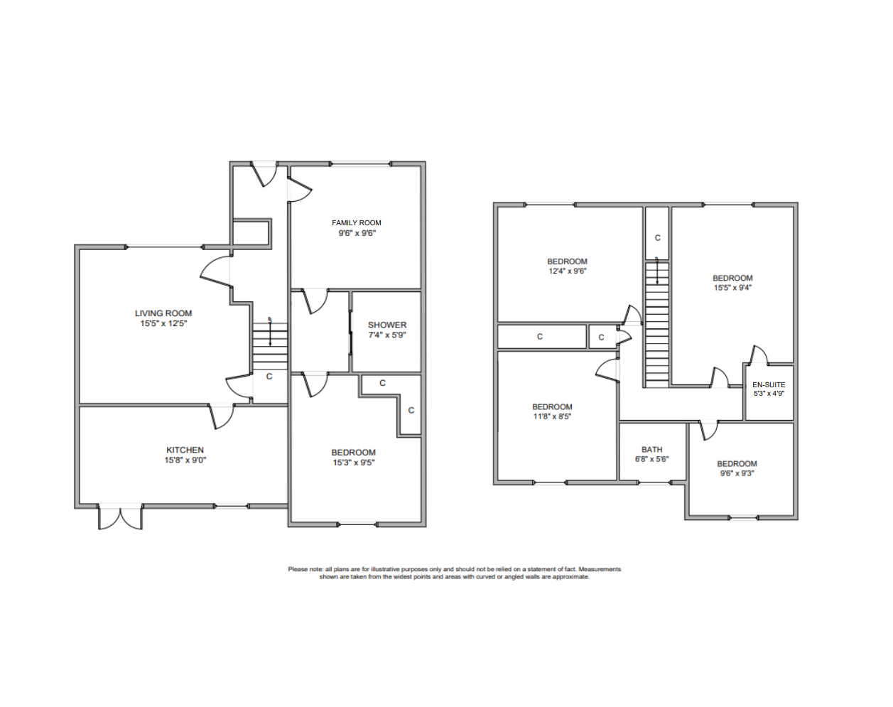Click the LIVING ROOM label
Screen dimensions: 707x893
[163, 313]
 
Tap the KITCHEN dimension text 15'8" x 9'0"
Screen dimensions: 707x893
[185, 460]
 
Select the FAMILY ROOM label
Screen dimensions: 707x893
[357, 223]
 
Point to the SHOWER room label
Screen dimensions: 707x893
[387, 325]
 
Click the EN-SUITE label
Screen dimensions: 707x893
[769, 385]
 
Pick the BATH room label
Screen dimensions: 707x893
[651, 450]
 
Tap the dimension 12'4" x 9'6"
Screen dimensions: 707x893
[567, 271]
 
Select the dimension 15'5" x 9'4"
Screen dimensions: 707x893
[732, 288]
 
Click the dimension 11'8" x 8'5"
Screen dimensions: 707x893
[552, 417]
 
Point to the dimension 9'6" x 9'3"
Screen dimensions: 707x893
[737, 473]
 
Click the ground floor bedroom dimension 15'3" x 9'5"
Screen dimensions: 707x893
[353, 463]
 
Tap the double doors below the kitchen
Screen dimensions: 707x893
[121, 517]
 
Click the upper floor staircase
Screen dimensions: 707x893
[657, 323]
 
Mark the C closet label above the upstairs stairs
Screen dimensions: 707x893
[657, 238]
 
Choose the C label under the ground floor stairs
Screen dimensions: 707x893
[269, 377]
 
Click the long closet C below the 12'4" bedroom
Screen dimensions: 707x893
[540, 337]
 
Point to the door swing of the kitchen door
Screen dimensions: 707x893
[223, 417]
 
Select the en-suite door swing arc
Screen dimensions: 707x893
[759, 353]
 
